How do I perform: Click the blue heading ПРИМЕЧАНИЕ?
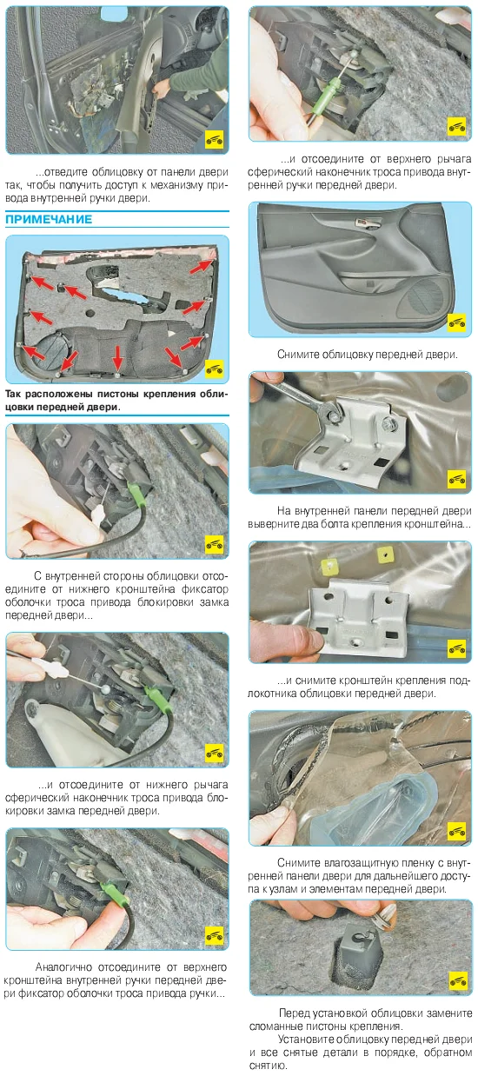[49, 220]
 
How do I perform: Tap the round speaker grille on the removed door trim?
[426, 298]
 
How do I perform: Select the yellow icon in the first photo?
[215, 140]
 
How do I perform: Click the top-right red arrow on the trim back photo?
[202, 265]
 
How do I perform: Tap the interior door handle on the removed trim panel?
[367, 222]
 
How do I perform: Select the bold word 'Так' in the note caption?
[12, 395]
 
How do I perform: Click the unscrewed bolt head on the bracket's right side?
[388, 424]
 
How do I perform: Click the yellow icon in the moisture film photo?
[456, 830]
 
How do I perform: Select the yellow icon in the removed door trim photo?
[456, 322]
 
